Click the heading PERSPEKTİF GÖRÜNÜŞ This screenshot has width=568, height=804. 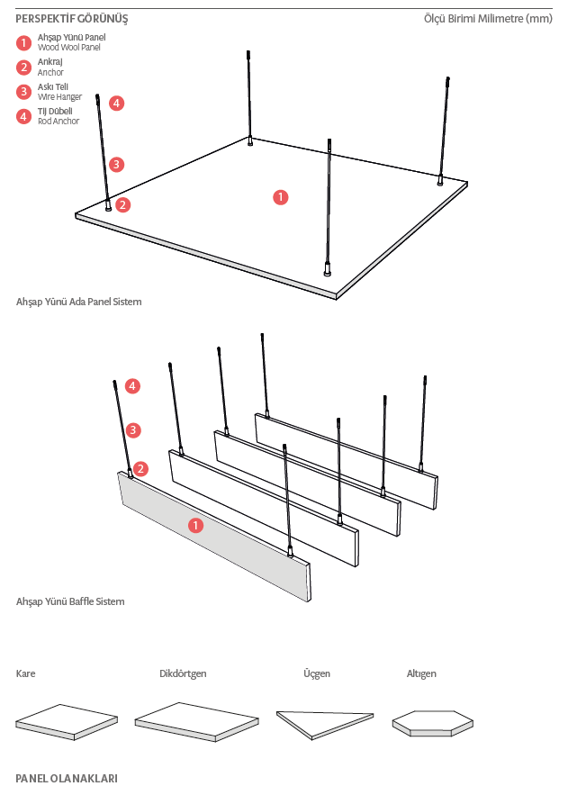(72, 19)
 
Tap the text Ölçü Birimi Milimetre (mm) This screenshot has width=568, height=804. (488, 19)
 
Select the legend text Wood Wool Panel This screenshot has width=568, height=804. (69, 46)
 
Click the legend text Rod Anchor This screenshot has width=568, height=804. (59, 121)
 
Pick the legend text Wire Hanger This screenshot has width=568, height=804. (59, 95)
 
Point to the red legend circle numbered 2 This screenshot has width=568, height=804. (23, 67)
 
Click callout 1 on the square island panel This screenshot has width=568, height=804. (281, 196)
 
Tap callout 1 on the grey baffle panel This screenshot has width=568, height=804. (196, 525)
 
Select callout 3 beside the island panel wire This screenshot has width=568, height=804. (116, 164)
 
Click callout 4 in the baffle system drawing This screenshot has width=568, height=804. (133, 385)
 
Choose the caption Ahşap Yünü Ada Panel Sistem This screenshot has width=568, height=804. (79, 302)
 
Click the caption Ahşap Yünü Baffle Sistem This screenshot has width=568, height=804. (70, 601)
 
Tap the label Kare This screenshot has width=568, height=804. (25, 673)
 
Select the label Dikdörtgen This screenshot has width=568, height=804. (183, 673)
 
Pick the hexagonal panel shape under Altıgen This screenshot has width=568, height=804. (432, 720)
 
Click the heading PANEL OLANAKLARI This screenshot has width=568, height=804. (67, 777)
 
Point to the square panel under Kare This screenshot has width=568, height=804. (67, 720)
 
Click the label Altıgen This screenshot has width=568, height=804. (421, 673)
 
